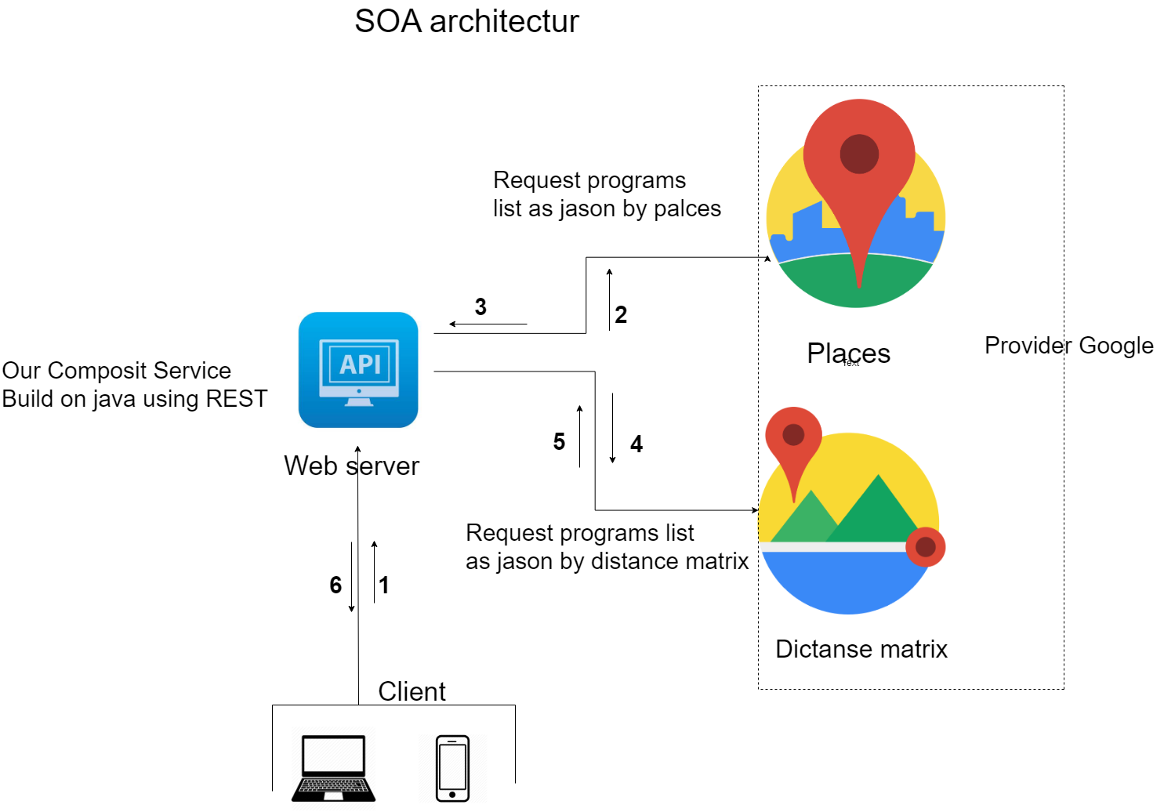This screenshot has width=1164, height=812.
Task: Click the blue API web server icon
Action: point(358,369)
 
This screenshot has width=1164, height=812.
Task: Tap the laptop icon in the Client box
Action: point(333,768)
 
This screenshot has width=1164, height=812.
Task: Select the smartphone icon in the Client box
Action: point(452,768)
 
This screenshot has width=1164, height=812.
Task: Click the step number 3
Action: point(480,306)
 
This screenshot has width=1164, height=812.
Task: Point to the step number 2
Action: point(621,314)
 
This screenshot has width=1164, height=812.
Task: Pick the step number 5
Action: point(559,441)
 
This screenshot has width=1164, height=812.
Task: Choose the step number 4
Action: point(636,444)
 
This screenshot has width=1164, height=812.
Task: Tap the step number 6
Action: point(335,585)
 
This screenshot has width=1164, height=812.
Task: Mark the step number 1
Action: point(384,585)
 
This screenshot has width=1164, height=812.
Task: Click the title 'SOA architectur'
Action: point(466,21)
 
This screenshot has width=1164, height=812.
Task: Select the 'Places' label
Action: point(849,353)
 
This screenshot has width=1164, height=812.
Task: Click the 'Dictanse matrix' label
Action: point(861,649)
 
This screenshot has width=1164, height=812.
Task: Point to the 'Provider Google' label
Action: point(1069,346)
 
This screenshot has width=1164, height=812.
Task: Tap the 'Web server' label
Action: point(351,466)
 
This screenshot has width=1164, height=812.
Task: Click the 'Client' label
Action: point(412,691)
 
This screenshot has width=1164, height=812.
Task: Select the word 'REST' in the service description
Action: point(237,399)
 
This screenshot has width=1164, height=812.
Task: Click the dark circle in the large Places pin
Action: point(860,154)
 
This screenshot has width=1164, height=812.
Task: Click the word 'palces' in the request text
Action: point(687,209)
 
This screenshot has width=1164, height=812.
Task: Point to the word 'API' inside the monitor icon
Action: point(360,364)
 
